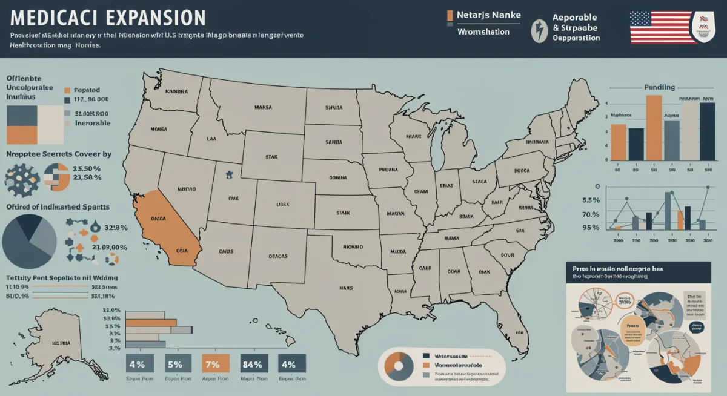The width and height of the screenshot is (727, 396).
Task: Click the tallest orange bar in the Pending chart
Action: pyautogui.click(x=654, y=127)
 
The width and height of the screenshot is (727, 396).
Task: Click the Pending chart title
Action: pyautogui.click(x=659, y=87)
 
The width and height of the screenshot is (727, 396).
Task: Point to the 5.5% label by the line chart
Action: pyautogui.click(x=590, y=200)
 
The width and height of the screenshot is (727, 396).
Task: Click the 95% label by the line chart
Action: pyautogui.click(x=590, y=228)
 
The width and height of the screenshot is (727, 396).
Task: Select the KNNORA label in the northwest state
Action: pyautogui.click(x=176, y=91)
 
